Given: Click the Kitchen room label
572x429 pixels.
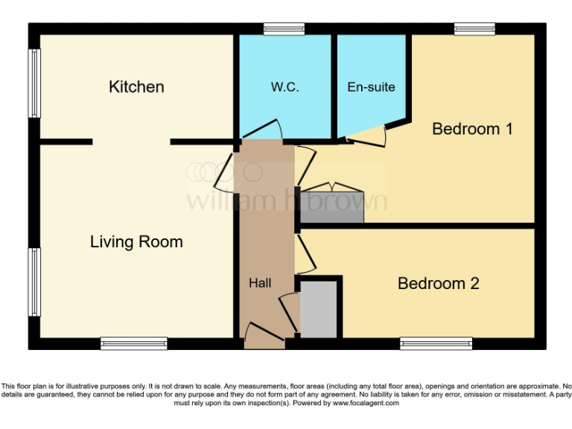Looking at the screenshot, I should [136, 87].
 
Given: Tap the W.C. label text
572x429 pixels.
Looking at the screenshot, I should [285, 87].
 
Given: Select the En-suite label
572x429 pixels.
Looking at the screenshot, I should [371, 87].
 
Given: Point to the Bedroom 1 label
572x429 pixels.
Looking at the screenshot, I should [472, 129].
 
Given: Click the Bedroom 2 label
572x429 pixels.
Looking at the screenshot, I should [438, 284].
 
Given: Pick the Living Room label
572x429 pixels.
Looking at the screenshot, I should [136, 242].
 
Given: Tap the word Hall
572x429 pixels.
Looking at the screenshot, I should [260, 283].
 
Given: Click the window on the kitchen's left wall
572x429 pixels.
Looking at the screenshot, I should [34, 83].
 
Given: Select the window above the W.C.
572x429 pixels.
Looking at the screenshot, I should [284, 29].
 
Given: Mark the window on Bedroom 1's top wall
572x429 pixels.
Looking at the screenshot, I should [474, 29].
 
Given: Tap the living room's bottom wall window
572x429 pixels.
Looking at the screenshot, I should [134, 343].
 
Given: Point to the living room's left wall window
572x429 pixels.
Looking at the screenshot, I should [34, 282].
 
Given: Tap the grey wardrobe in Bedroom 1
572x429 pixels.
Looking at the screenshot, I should [331, 208].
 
